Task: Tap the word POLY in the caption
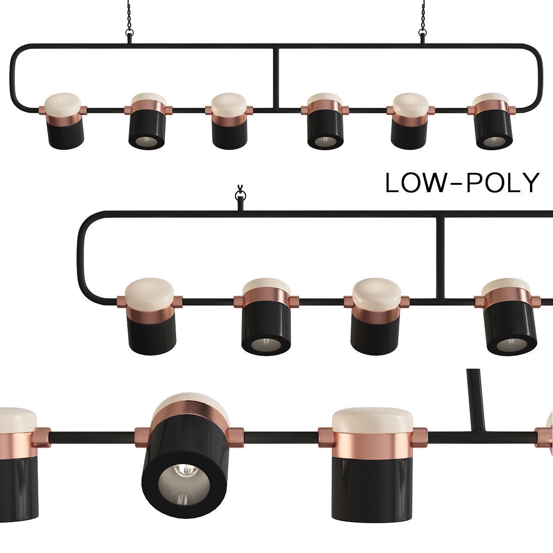[x=503, y=183]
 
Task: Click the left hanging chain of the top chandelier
[x=129, y=16]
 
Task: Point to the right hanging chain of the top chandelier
[x=422, y=16]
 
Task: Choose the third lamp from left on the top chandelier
[x=229, y=122]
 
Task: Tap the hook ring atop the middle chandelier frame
[x=240, y=194]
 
